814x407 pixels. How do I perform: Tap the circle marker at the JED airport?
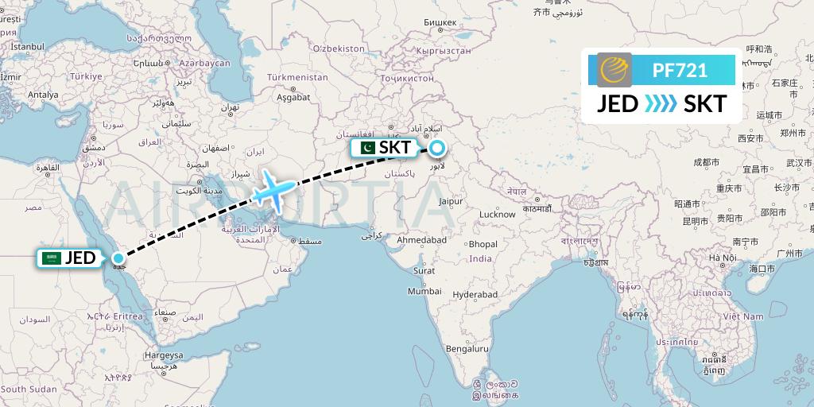(118, 258)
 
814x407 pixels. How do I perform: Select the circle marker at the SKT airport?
(437, 147)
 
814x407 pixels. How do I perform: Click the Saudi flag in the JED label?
(52, 258)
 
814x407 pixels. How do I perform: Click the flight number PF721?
(680, 70)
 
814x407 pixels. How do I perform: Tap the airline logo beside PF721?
(614, 70)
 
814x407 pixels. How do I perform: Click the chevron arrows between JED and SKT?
(661, 103)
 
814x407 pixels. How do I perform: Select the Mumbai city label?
(424, 291)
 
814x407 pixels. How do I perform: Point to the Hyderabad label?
(475, 294)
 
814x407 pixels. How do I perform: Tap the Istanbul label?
(27, 47)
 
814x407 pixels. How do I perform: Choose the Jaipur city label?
(450, 202)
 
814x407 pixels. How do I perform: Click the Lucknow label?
(497, 214)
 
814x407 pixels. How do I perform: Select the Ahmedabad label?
(422, 239)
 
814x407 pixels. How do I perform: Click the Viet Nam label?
(742, 316)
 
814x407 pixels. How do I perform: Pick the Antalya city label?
(44, 94)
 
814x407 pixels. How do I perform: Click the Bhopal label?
(483, 244)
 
